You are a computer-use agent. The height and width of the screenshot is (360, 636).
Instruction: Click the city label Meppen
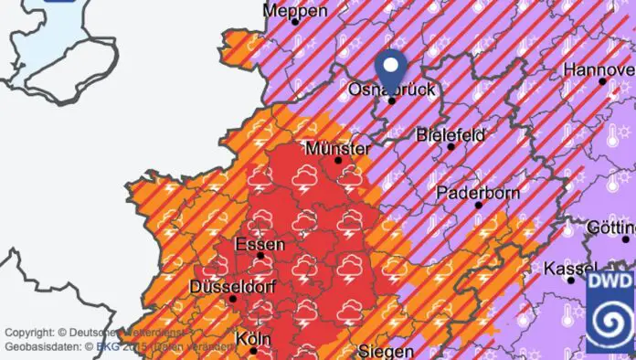coord(294,11)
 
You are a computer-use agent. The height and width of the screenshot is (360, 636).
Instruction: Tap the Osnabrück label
coord(392,89)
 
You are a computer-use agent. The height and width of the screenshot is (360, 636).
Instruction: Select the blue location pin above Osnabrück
coord(392,68)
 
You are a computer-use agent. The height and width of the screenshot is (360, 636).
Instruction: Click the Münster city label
coord(338,148)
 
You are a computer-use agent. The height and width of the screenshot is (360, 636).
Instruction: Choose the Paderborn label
coord(477,193)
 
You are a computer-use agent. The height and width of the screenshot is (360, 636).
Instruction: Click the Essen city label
coord(260,244)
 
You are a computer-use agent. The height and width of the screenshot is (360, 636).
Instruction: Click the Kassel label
coord(570,269)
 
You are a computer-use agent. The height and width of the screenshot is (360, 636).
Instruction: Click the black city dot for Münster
coord(338,160)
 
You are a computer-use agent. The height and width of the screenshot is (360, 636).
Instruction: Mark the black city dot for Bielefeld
coord(450,146)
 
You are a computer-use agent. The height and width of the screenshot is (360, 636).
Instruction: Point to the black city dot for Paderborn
coord(478,205)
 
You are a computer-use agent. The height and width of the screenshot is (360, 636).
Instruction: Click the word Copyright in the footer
coord(29,332)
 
